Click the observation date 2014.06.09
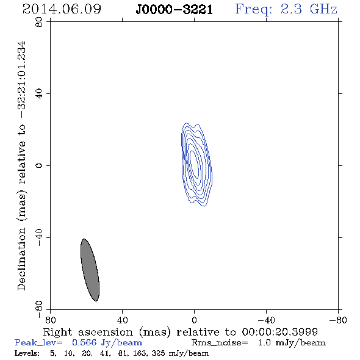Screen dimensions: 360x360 click(62, 9)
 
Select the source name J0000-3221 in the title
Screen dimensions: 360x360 click(175, 10)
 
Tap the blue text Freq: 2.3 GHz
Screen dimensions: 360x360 click(286, 9)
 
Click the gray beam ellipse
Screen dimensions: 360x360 click(90, 270)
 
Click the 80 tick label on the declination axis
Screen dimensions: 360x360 click(39, 22)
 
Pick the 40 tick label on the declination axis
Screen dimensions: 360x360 click(39, 94)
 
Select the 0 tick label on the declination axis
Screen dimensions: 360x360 click(39, 165)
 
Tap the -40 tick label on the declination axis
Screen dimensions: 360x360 click(39, 237)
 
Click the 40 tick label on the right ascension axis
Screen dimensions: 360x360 click(122, 320)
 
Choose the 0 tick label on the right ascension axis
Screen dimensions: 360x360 click(194, 320)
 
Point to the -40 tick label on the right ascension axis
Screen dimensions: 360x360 click(266, 320)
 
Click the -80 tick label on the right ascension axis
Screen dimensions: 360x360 click(338, 320)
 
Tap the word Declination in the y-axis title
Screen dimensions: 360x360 click(21, 259)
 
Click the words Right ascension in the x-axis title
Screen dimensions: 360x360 click(88, 332)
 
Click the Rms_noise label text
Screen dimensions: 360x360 click(220, 343)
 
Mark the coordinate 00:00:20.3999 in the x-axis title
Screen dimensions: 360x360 click(279, 332)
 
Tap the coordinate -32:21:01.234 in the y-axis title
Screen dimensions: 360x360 click(22, 80)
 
